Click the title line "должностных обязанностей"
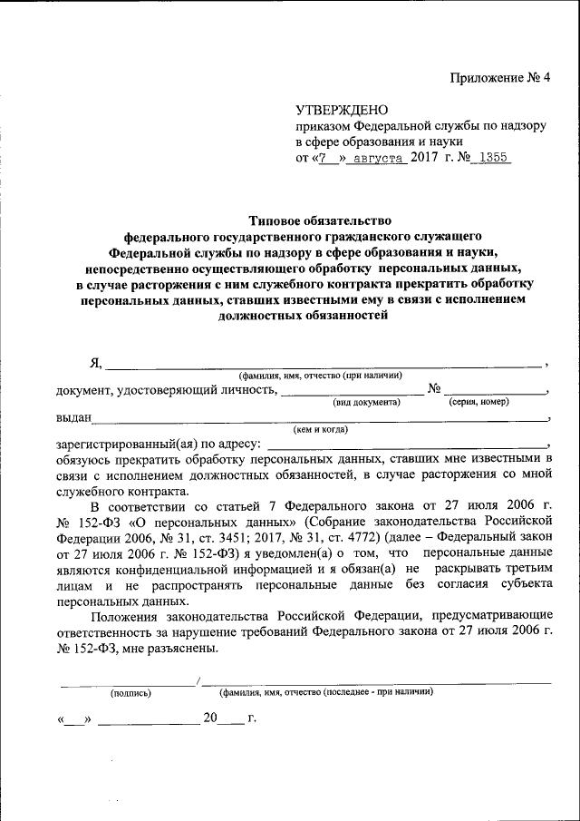coord(302,315)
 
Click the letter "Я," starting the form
coord(96,363)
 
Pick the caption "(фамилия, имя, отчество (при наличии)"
coord(320,376)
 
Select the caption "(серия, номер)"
coord(478,401)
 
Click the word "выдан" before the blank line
coord(72,418)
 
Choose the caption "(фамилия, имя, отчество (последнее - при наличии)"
coord(325,692)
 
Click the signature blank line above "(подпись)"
coord(128,681)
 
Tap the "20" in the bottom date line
coord(210,718)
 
